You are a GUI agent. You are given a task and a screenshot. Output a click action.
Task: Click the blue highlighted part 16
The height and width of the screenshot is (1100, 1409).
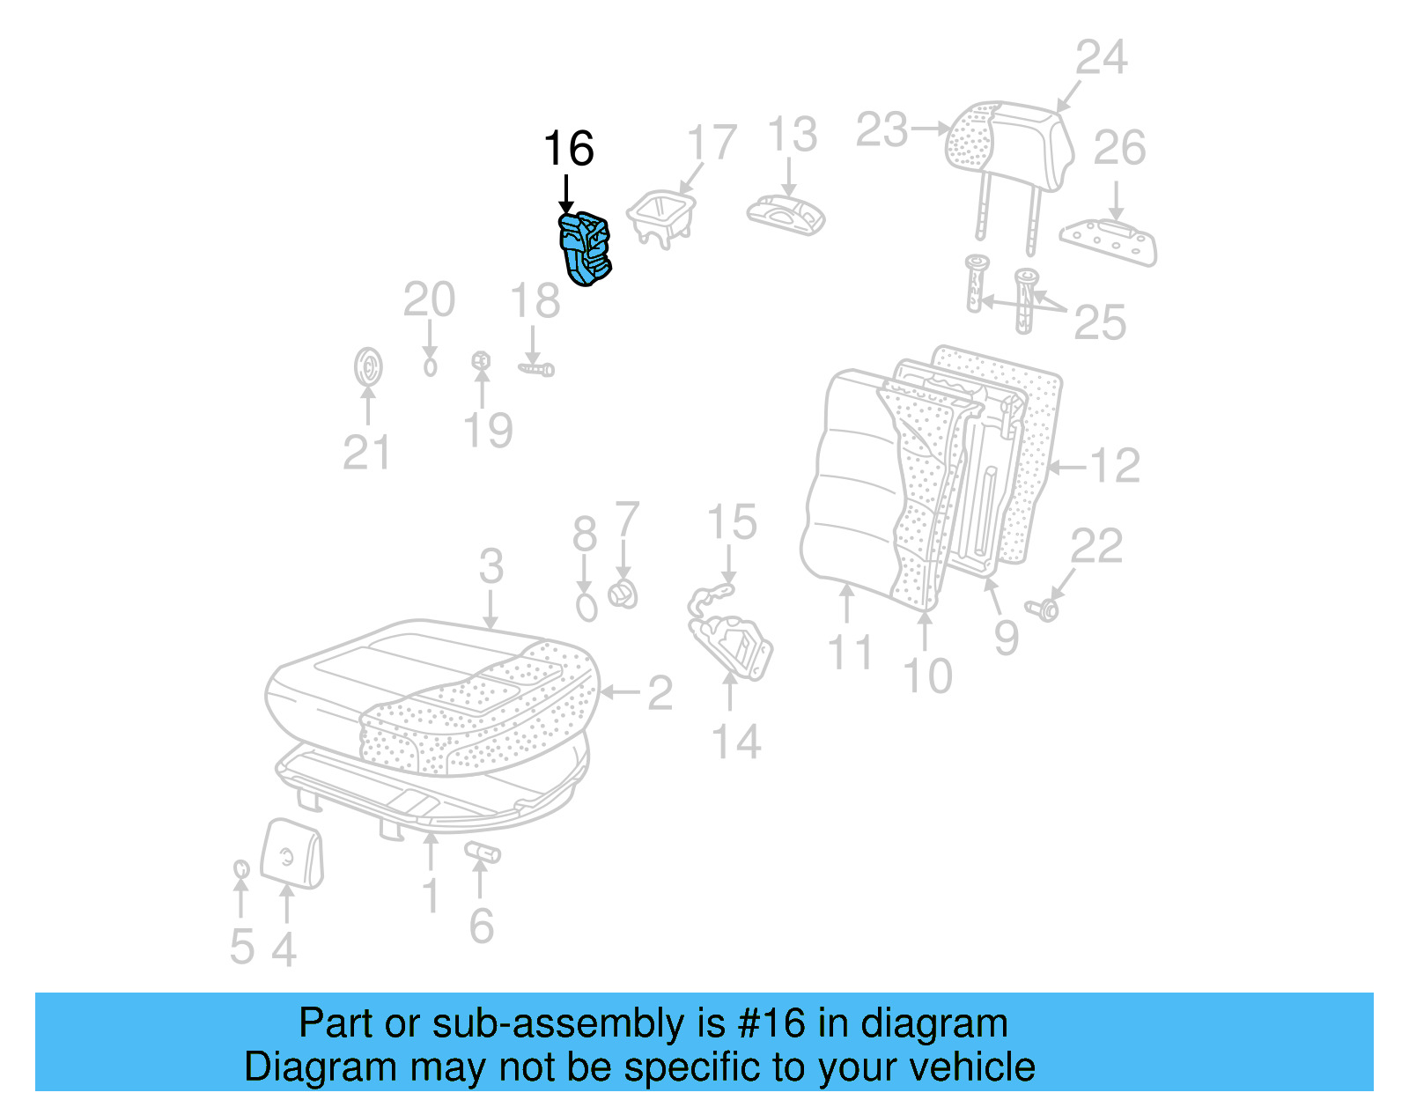point(586,249)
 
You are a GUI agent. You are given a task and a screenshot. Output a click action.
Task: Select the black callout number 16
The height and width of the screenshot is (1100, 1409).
point(568,149)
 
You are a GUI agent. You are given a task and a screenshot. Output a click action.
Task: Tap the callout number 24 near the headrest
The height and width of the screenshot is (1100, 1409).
point(1101,58)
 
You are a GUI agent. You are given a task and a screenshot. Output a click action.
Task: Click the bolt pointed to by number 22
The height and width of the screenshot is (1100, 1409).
point(1044,609)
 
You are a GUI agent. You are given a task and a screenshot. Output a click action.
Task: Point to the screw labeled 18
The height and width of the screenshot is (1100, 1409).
point(536,369)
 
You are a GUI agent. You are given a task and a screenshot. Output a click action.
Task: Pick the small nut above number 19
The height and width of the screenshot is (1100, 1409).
point(481,360)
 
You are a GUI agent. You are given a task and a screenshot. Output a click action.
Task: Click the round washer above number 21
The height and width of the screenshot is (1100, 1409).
point(368,367)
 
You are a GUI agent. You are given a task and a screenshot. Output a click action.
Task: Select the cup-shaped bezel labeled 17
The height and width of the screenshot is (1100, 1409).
point(661,217)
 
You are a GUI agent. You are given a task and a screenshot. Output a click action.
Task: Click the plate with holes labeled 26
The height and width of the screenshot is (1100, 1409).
point(1110,241)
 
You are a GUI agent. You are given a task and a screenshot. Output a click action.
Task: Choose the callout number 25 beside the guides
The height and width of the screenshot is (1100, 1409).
point(1100,323)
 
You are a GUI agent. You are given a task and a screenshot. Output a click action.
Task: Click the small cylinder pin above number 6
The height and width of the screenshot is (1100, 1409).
point(483,852)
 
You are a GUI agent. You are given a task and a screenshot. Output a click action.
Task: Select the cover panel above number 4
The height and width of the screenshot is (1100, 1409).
point(292,853)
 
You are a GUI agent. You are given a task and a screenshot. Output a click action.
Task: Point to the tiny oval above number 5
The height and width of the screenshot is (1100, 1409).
point(240,870)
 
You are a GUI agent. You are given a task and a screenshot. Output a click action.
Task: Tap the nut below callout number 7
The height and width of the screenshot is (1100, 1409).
point(623,594)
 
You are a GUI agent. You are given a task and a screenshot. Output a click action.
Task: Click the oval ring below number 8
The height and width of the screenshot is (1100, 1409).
point(586,607)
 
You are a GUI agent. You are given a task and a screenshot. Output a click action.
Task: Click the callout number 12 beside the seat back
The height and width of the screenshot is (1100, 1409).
point(1115,466)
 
